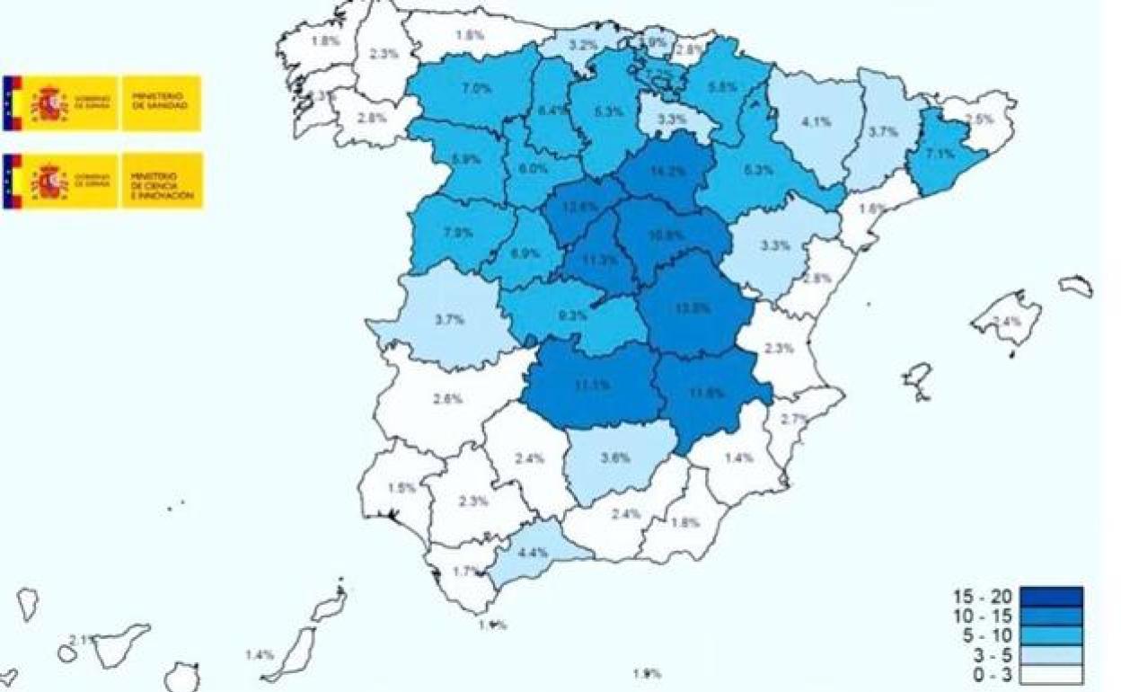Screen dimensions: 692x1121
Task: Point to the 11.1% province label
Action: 592,385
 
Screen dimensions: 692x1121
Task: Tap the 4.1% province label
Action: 815,122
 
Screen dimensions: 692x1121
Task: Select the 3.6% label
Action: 614,457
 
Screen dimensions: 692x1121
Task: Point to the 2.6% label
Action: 446,398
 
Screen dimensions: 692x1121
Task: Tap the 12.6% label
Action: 580,207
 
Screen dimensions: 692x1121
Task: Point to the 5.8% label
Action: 723,88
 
